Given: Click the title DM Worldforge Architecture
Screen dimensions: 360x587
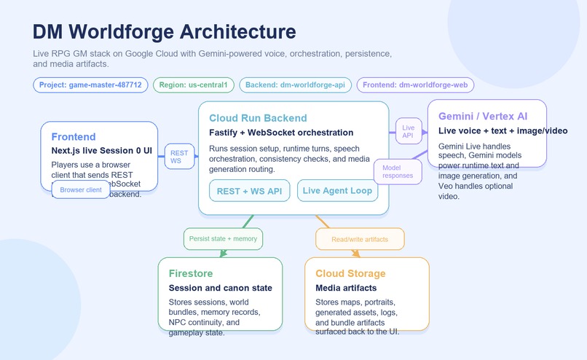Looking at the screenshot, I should pyautogui.click(x=165, y=32).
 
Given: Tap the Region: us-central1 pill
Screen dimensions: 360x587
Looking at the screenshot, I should pyautogui.click(x=194, y=85).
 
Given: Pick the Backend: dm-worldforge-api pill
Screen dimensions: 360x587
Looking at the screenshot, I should pyautogui.click(x=294, y=85).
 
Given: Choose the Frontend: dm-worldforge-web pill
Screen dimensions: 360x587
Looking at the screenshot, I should pyautogui.click(x=414, y=85).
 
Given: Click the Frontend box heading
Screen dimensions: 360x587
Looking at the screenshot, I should pyautogui.click(x=74, y=137).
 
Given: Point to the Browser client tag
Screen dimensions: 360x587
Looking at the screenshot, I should pyautogui.click(x=81, y=189).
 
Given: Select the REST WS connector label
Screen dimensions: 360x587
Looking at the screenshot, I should pyautogui.click(x=179, y=157).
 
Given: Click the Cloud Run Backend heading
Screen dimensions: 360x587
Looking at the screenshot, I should pyautogui.click(x=258, y=118).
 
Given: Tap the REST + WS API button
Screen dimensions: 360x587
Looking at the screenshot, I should pyautogui.click(x=250, y=191).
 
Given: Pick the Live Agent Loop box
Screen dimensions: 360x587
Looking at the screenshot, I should pyautogui.click(x=337, y=191).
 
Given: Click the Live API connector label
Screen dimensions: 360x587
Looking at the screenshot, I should pyautogui.click(x=409, y=131).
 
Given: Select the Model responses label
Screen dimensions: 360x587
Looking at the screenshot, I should pyautogui.click(x=398, y=171).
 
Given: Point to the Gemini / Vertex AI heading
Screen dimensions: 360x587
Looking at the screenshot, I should pyautogui.click(x=483, y=116).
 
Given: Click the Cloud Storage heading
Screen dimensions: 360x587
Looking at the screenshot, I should pyautogui.click(x=350, y=273).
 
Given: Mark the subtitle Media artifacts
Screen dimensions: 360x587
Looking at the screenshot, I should pyautogui.click(x=346, y=288).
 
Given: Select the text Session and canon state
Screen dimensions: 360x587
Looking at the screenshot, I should pyautogui.click(x=220, y=288).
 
